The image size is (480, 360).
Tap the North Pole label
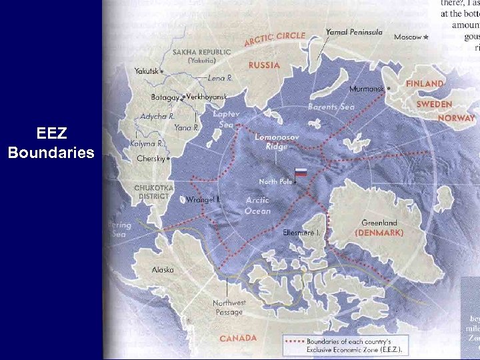tap(275, 181)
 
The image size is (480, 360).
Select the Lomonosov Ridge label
tap(275, 141)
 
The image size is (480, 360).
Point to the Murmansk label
tap(367, 89)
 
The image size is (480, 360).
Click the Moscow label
tap(407, 37)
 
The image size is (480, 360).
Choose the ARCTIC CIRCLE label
tap(274, 39)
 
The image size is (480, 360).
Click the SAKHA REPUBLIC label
tap(201, 51)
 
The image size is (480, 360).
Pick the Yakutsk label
tap(147, 71)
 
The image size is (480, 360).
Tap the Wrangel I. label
tap(203, 199)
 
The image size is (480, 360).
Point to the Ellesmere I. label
tap(301, 233)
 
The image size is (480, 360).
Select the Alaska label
tap(163, 270)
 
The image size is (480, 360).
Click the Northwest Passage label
tap(229, 307)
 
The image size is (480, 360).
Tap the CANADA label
tap(238, 338)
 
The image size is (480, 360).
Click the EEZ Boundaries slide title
tap(51, 143)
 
